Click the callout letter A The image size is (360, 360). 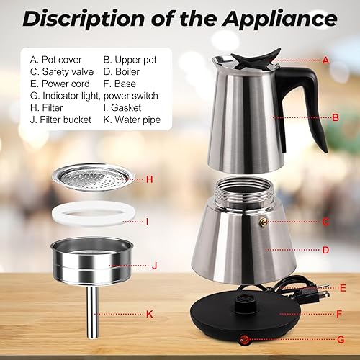tap(325, 60)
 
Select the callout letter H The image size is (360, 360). tap(149, 178)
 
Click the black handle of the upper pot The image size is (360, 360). tap(316, 101)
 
